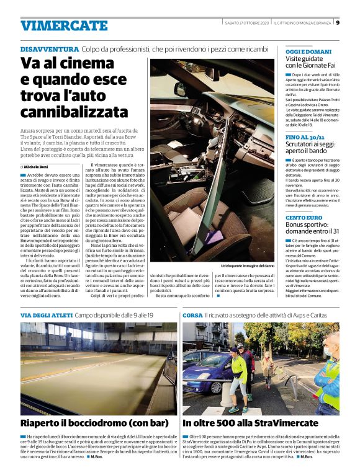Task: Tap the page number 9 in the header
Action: (338, 23)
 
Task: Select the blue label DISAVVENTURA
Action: (49, 49)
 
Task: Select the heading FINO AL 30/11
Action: (306, 136)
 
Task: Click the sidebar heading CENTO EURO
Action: (304, 218)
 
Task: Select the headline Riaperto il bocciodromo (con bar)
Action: (94, 423)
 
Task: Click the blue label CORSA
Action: (192, 315)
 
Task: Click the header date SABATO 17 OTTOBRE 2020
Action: (246, 23)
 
